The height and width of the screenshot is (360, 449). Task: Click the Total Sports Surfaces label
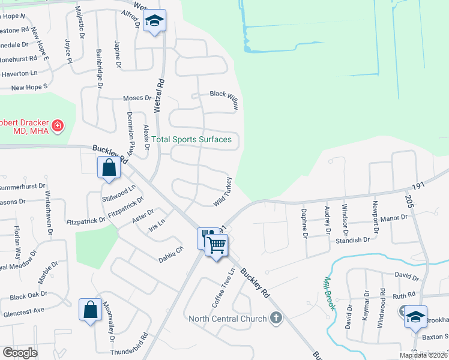(x=191, y=140)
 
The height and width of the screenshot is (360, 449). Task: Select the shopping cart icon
(x=216, y=244)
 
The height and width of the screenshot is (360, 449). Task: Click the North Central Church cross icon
(x=276, y=318)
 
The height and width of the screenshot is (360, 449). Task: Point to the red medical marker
(x=57, y=126)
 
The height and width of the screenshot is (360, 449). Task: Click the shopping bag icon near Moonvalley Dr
(x=90, y=310)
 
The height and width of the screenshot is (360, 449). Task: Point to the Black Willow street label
(x=224, y=99)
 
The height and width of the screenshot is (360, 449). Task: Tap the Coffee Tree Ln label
(x=222, y=286)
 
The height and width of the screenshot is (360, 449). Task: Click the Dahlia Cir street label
(x=170, y=256)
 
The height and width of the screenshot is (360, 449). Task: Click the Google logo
(x=20, y=353)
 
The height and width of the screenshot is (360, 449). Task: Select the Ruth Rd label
(x=404, y=295)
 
